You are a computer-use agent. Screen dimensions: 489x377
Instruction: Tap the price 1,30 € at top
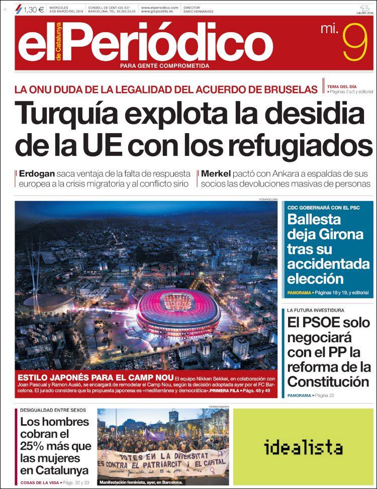click(34, 8)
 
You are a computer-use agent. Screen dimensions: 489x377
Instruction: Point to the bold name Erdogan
click(37, 173)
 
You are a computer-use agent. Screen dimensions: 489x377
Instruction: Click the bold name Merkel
click(216, 173)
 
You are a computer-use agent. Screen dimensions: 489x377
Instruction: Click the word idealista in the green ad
click(303, 447)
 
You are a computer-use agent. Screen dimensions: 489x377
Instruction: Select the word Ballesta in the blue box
click(314, 219)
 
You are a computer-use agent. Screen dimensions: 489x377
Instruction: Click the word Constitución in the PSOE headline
click(328, 381)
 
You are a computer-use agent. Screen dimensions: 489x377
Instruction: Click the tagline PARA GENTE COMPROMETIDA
click(164, 65)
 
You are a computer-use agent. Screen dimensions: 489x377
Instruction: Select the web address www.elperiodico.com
click(159, 8)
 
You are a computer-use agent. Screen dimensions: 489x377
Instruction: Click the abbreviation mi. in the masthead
click(329, 30)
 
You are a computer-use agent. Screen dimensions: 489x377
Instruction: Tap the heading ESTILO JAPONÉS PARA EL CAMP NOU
click(96, 378)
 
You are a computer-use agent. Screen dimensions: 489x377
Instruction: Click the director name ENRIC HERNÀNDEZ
click(198, 11)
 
